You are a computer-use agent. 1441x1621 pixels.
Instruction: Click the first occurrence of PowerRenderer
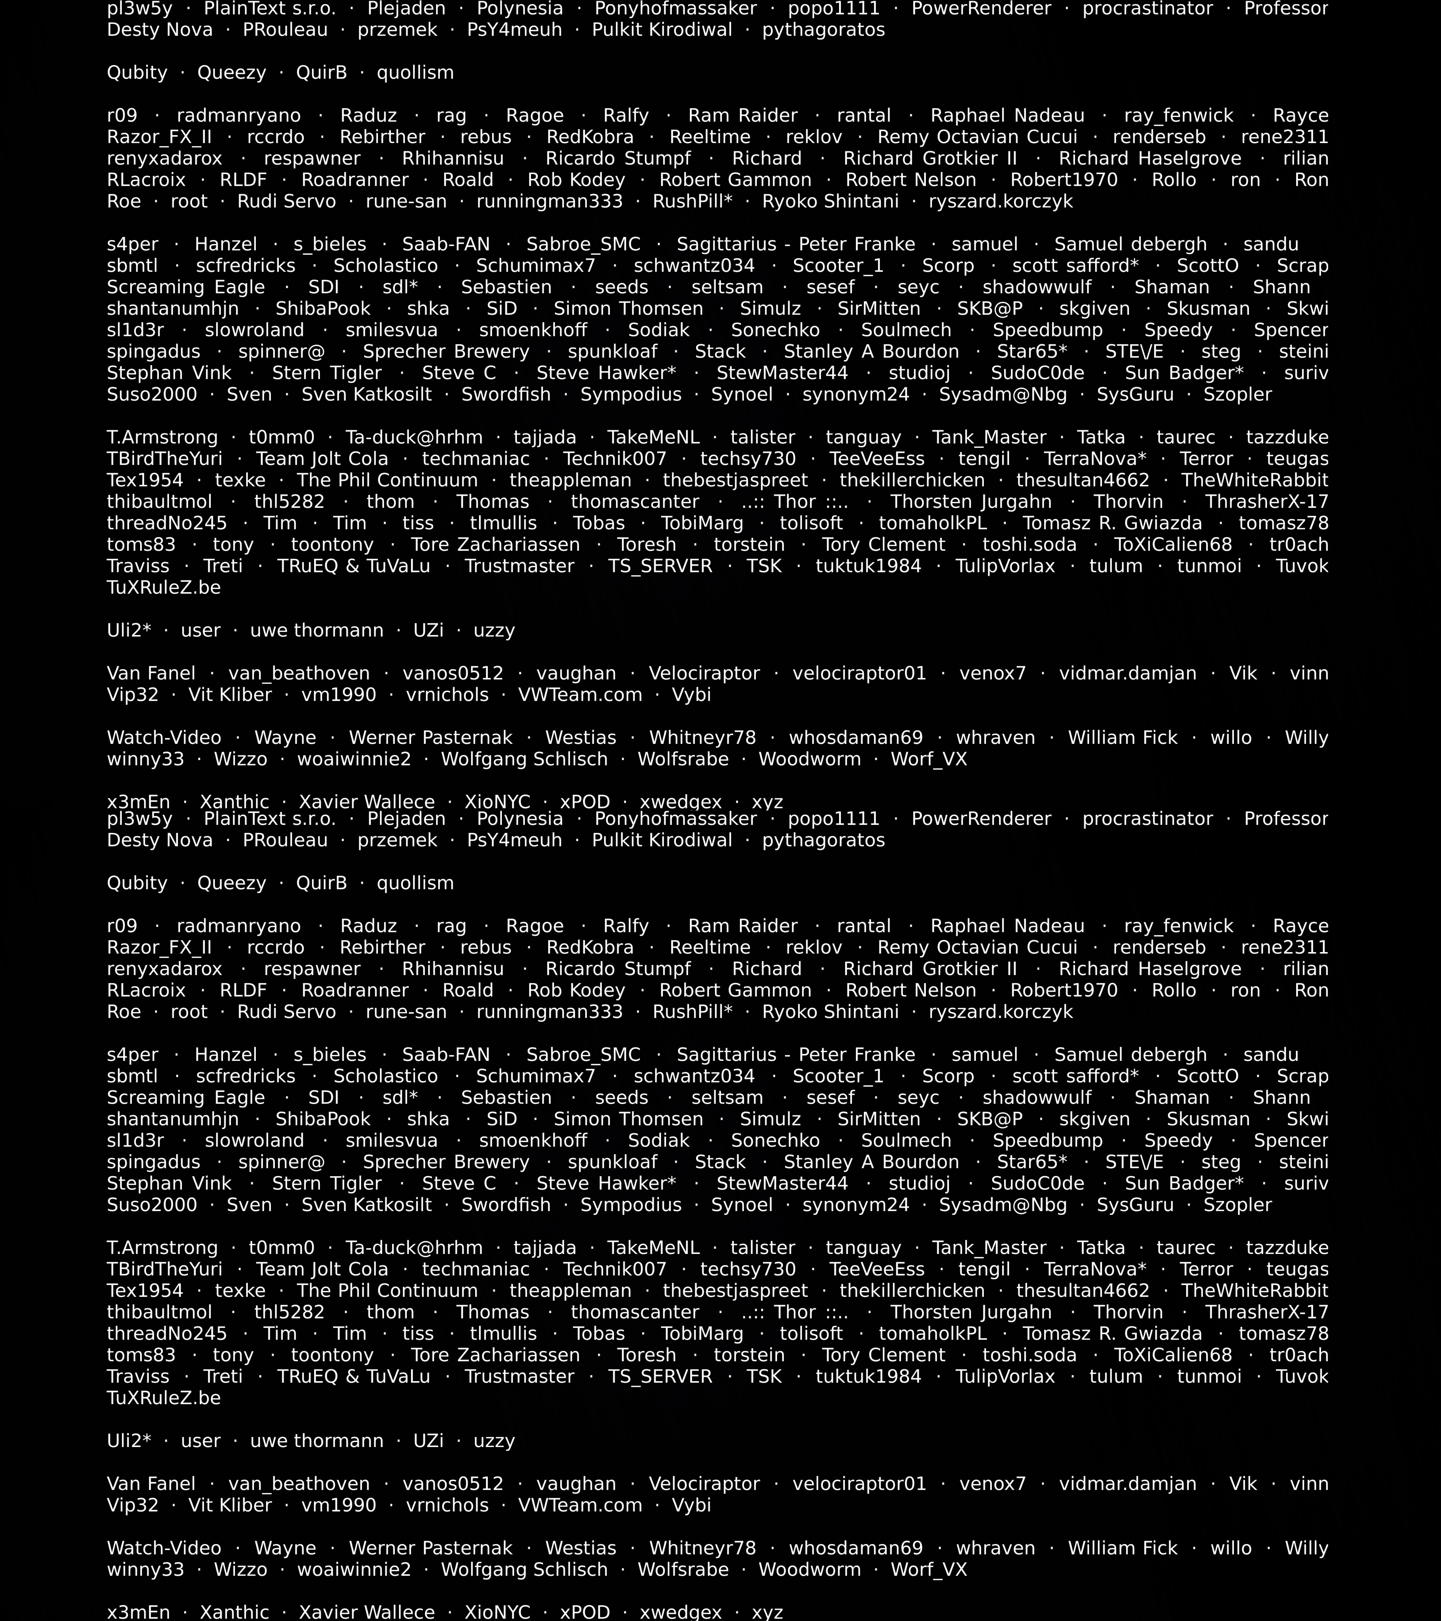981,9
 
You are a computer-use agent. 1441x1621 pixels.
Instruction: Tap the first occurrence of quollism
415,73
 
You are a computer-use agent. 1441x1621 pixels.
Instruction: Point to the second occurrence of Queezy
232,884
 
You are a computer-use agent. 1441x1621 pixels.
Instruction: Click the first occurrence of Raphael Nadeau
1007,116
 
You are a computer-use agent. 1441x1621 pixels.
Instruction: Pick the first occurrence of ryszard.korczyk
1001,201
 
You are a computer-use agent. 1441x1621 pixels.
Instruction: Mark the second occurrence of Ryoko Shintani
830,1012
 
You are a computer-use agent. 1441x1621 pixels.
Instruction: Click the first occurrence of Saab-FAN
446,244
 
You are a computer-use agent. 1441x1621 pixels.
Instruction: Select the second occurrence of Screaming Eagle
186,1098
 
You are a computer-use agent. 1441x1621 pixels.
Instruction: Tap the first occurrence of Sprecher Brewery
446,351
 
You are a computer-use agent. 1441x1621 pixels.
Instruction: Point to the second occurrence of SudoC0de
1037,1183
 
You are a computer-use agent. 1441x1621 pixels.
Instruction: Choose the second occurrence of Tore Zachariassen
495,1355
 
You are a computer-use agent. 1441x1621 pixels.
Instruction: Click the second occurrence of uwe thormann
316,1441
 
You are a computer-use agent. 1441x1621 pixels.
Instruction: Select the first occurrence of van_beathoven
299,673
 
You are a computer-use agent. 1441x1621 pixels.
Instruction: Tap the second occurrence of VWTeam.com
580,1505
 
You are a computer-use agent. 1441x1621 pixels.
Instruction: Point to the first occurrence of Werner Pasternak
430,737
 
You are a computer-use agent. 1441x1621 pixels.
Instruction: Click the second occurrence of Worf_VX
929,1569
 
